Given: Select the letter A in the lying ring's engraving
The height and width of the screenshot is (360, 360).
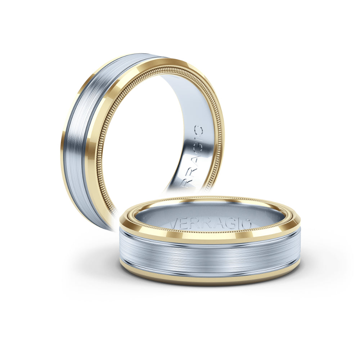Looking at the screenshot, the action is pos(216,224).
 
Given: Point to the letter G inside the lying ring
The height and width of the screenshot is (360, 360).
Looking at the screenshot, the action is pos(228,224).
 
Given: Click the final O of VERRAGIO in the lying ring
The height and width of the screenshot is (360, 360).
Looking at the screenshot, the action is pos(245,224).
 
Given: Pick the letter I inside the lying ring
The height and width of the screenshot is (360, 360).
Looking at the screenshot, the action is pos(237,224).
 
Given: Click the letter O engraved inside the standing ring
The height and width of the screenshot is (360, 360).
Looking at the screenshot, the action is pos(198,131).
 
